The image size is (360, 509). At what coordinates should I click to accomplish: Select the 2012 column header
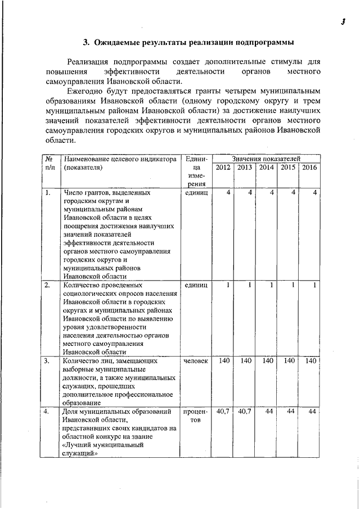coord(223,167)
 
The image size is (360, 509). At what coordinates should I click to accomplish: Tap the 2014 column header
coord(266,167)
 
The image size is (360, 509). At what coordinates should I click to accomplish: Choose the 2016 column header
coord(309,167)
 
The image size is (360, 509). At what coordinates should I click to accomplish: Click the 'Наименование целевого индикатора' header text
coord(120,159)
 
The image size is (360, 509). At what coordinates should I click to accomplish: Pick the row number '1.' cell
coord(48,192)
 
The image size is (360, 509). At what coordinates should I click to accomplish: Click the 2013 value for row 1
coord(249,192)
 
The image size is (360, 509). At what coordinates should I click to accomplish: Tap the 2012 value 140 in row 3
coord(224,361)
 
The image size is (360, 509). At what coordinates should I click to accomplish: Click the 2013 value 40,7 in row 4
coord(245,412)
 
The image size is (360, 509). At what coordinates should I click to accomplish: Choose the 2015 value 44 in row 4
coord(291,412)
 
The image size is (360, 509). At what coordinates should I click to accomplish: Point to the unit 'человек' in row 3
coord(195,361)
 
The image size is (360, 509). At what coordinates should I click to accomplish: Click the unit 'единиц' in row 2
coord(196,285)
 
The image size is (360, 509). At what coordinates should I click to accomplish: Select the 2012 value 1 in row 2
coord(228,285)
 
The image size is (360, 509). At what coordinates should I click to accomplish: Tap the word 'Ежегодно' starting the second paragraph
coord(84,91)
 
